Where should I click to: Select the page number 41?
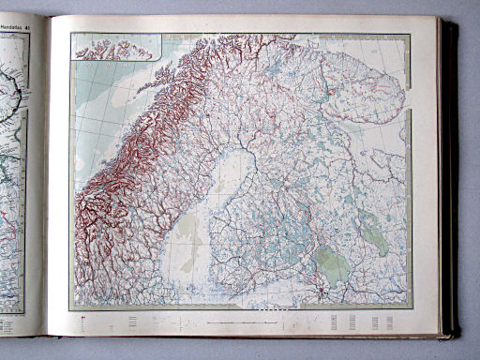28,25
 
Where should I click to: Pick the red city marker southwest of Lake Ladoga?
320,292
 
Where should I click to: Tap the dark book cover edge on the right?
450,178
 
